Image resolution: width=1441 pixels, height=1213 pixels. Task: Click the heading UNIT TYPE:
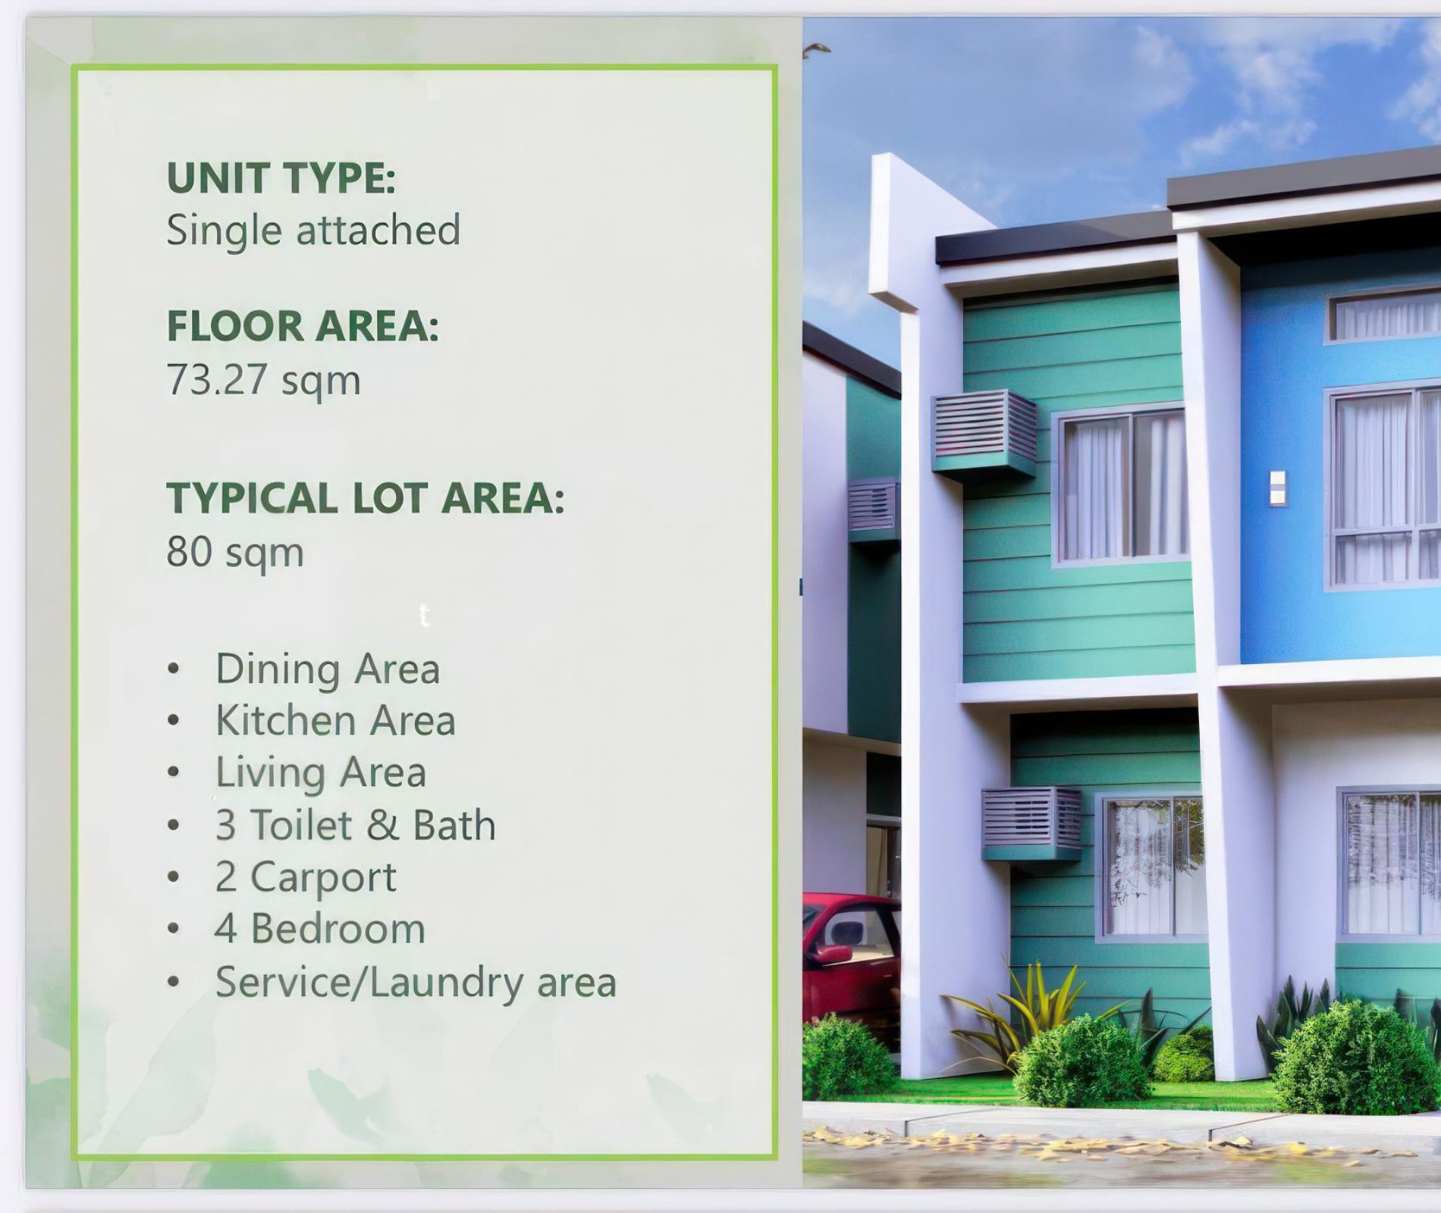[281, 178]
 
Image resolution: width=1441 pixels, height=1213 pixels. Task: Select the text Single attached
[313, 230]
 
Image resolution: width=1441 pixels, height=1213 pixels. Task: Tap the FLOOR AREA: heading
[303, 326]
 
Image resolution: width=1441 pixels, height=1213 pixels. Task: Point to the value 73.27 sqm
[263, 380]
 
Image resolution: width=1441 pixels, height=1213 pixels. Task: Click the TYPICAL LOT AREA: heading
[366, 498]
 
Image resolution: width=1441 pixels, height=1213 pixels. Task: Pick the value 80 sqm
[235, 552]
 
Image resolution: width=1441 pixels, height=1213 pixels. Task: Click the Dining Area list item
[328, 669]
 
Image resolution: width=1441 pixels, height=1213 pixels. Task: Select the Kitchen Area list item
[335, 720]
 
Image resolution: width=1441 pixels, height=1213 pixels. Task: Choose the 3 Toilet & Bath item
[356, 825]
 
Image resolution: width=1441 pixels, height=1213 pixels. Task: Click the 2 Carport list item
[306, 878]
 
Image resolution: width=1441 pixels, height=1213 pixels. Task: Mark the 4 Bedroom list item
[320, 929]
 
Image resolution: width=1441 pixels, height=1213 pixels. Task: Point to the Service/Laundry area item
[416, 983]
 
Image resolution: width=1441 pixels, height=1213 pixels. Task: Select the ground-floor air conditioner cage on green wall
[1031, 825]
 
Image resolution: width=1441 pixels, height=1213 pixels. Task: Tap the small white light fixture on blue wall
[1277, 488]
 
